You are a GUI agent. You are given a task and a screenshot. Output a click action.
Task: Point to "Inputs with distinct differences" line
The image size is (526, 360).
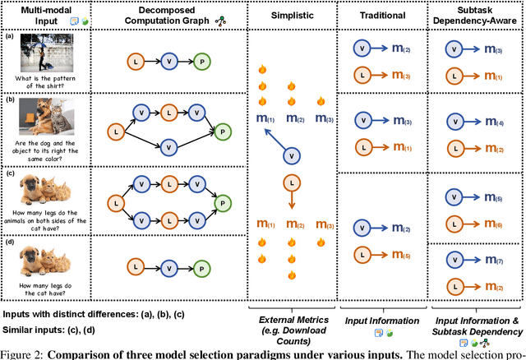click(82, 314)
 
